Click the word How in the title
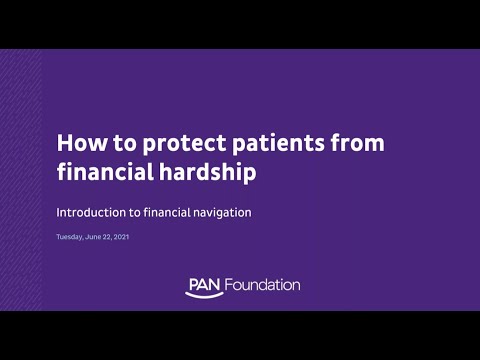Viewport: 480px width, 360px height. tap(77, 143)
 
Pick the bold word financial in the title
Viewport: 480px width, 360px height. tap(103, 171)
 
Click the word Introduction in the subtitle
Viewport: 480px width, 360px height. tap(88, 212)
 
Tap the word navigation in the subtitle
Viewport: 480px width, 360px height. tap(220, 212)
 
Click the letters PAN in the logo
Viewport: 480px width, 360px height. tap(205, 284)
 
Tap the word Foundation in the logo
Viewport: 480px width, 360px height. tap(263, 285)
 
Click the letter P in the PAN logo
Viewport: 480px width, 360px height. tap(191, 284)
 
